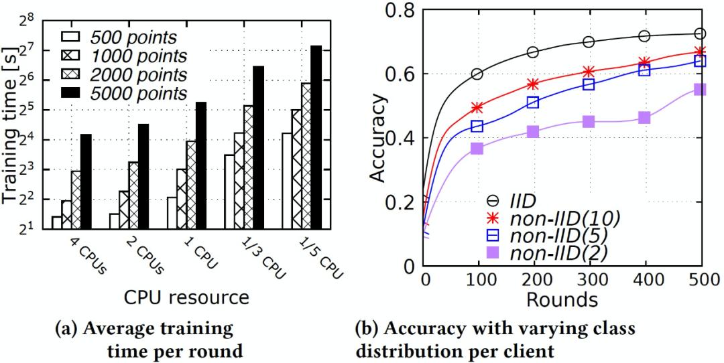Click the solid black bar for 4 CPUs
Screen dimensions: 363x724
point(86,181)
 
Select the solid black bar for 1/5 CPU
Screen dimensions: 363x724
point(316,137)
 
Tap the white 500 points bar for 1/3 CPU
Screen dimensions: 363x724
point(229,192)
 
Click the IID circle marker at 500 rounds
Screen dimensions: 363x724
point(700,33)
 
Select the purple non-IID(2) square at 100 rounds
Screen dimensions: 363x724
point(477,148)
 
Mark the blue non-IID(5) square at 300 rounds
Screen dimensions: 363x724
point(589,84)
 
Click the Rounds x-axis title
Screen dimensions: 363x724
point(562,299)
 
